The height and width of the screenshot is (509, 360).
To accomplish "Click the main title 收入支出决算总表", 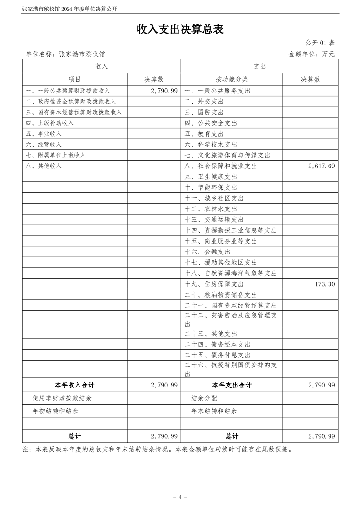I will [x=180, y=29].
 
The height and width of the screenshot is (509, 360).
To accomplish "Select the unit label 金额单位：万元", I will [x=311, y=54].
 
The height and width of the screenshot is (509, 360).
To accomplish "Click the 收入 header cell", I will [x=102, y=66].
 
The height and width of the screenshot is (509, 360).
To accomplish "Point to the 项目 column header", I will [x=74, y=79].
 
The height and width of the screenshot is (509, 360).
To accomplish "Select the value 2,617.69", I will [x=321, y=166].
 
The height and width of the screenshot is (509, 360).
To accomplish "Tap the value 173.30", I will [x=324, y=284].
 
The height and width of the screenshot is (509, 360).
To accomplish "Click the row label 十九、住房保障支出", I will [x=214, y=284].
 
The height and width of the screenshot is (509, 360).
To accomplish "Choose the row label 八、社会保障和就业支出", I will [x=221, y=166].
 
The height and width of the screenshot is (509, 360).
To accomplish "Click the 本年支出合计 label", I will [x=232, y=385].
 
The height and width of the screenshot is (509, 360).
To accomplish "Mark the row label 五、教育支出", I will [x=204, y=134].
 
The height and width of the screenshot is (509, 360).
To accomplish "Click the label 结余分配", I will [x=204, y=398].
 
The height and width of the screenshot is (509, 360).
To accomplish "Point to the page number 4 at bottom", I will [x=180, y=497].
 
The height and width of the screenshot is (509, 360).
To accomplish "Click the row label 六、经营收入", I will [x=44, y=145].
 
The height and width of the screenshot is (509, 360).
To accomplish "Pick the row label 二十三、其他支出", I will [x=211, y=334].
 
